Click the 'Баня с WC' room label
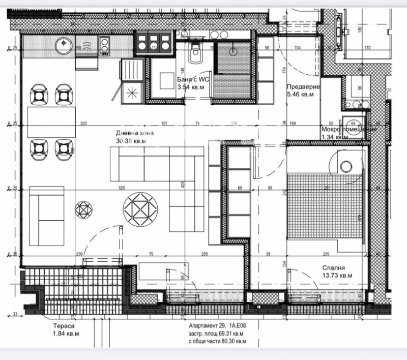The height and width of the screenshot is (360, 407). tap(193, 79)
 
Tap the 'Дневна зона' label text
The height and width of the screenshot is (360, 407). tap(134, 133)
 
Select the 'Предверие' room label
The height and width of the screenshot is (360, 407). tap(303, 86)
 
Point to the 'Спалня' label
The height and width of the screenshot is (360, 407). tap(334, 267)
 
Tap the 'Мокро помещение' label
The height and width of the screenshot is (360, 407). tap(349, 129)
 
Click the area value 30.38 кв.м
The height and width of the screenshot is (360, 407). tap(132, 141)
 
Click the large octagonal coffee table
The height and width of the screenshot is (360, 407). tap(141, 208)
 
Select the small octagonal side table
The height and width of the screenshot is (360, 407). tap(83, 209)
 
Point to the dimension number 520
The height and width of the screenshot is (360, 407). tap(122, 188)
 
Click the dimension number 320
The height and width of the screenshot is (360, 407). tap(84, 124)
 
